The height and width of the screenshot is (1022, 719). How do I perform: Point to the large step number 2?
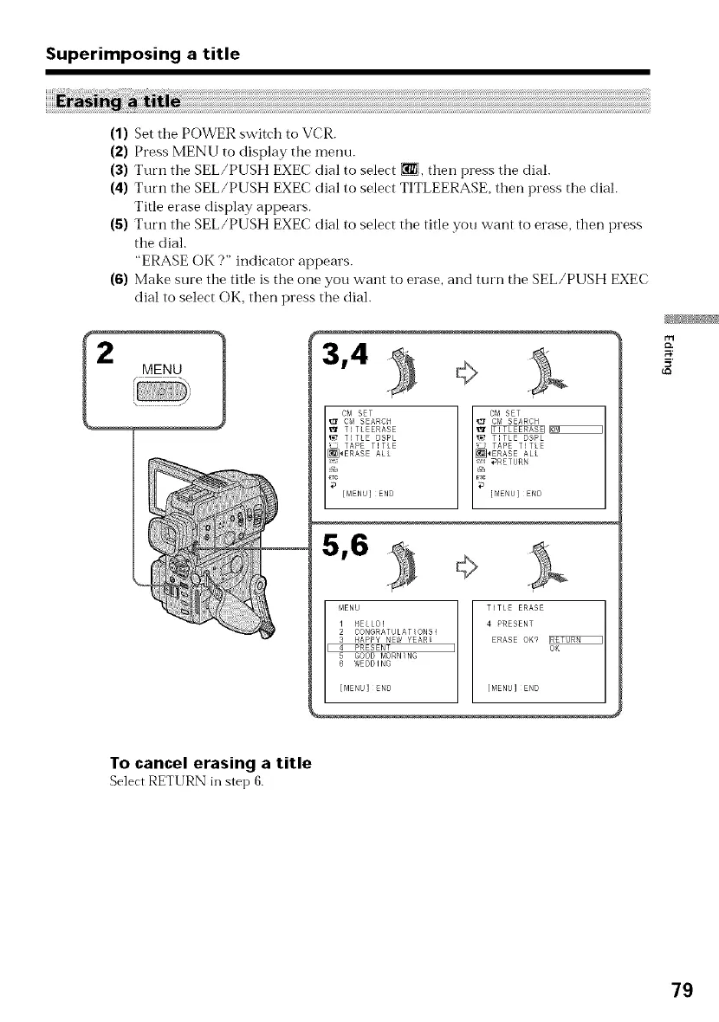106,355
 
